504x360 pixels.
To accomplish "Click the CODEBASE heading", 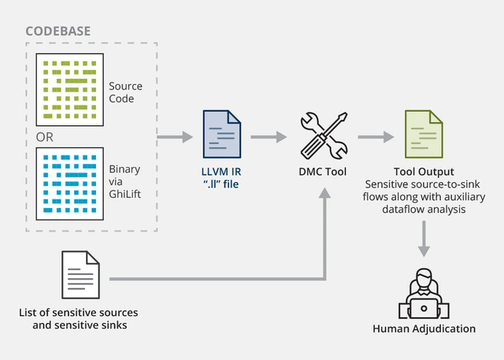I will [x=57, y=32].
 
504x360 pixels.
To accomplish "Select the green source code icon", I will [x=70, y=87].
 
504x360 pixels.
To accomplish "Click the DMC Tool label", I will [x=324, y=172].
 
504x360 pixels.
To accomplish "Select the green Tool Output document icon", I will [x=422, y=135].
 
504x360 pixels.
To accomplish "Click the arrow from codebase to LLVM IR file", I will [x=175, y=138].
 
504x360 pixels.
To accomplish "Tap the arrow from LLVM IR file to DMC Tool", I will [x=269, y=138].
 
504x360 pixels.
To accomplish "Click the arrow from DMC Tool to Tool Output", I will [x=376, y=138].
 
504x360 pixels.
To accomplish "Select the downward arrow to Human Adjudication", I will [x=424, y=238].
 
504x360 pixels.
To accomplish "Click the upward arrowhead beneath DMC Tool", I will [x=324, y=193].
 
